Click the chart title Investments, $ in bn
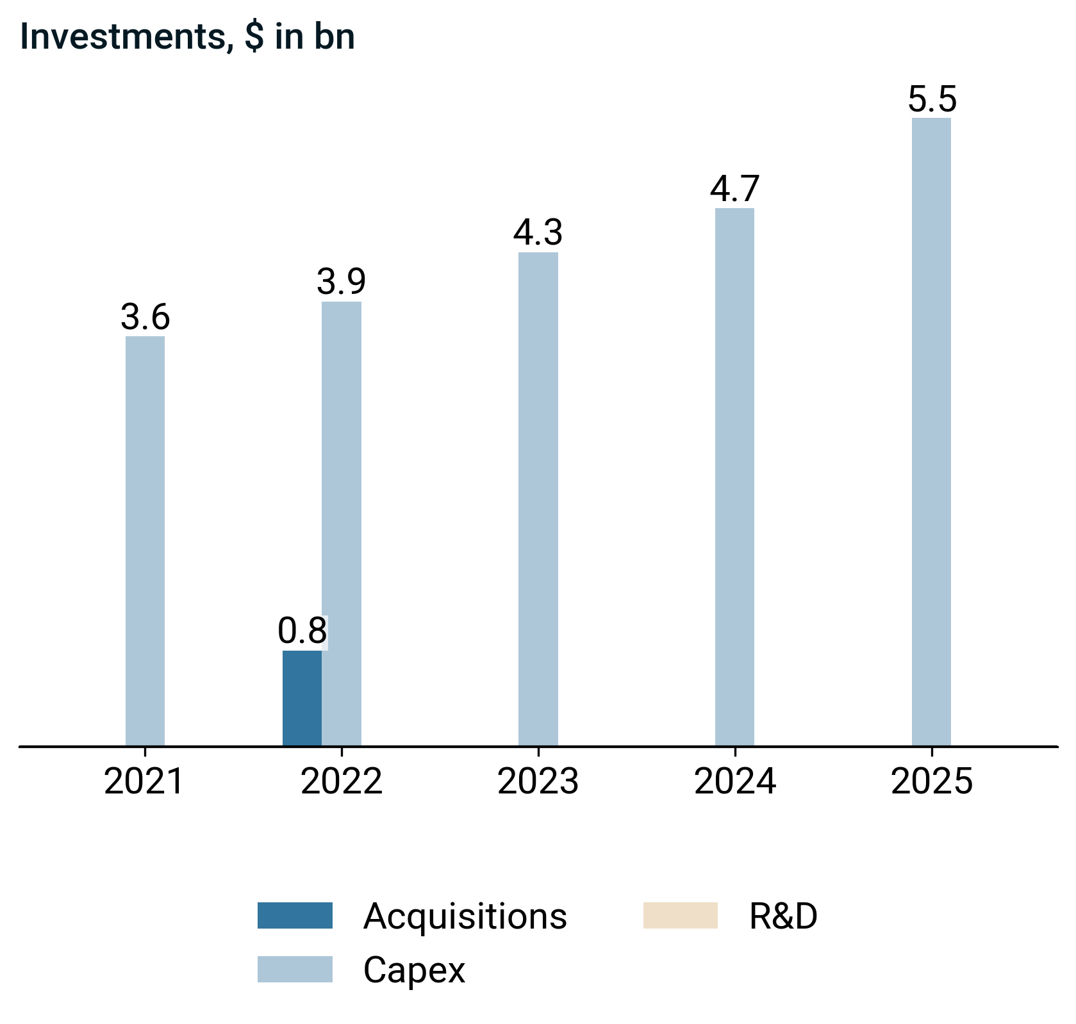coord(187,37)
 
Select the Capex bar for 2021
coord(145,541)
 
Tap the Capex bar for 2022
coord(342,524)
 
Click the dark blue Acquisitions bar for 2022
coord(302,698)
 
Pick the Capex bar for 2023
coord(538,500)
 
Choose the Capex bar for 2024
coord(734,477)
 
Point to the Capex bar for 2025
coord(931,432)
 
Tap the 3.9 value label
coord(342,282)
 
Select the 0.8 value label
coord(302,631)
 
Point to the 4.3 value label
coord(538,233)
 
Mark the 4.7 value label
coord(734,189)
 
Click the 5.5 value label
coord(932,100)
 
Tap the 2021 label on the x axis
coord(145,782)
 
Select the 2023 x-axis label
coord(538,782)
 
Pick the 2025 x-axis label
coord(932,782)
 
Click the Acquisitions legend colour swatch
coord(295,915)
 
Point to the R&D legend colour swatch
coord(681,915)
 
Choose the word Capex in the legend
coord(414,970)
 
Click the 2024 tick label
coord(735,782)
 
